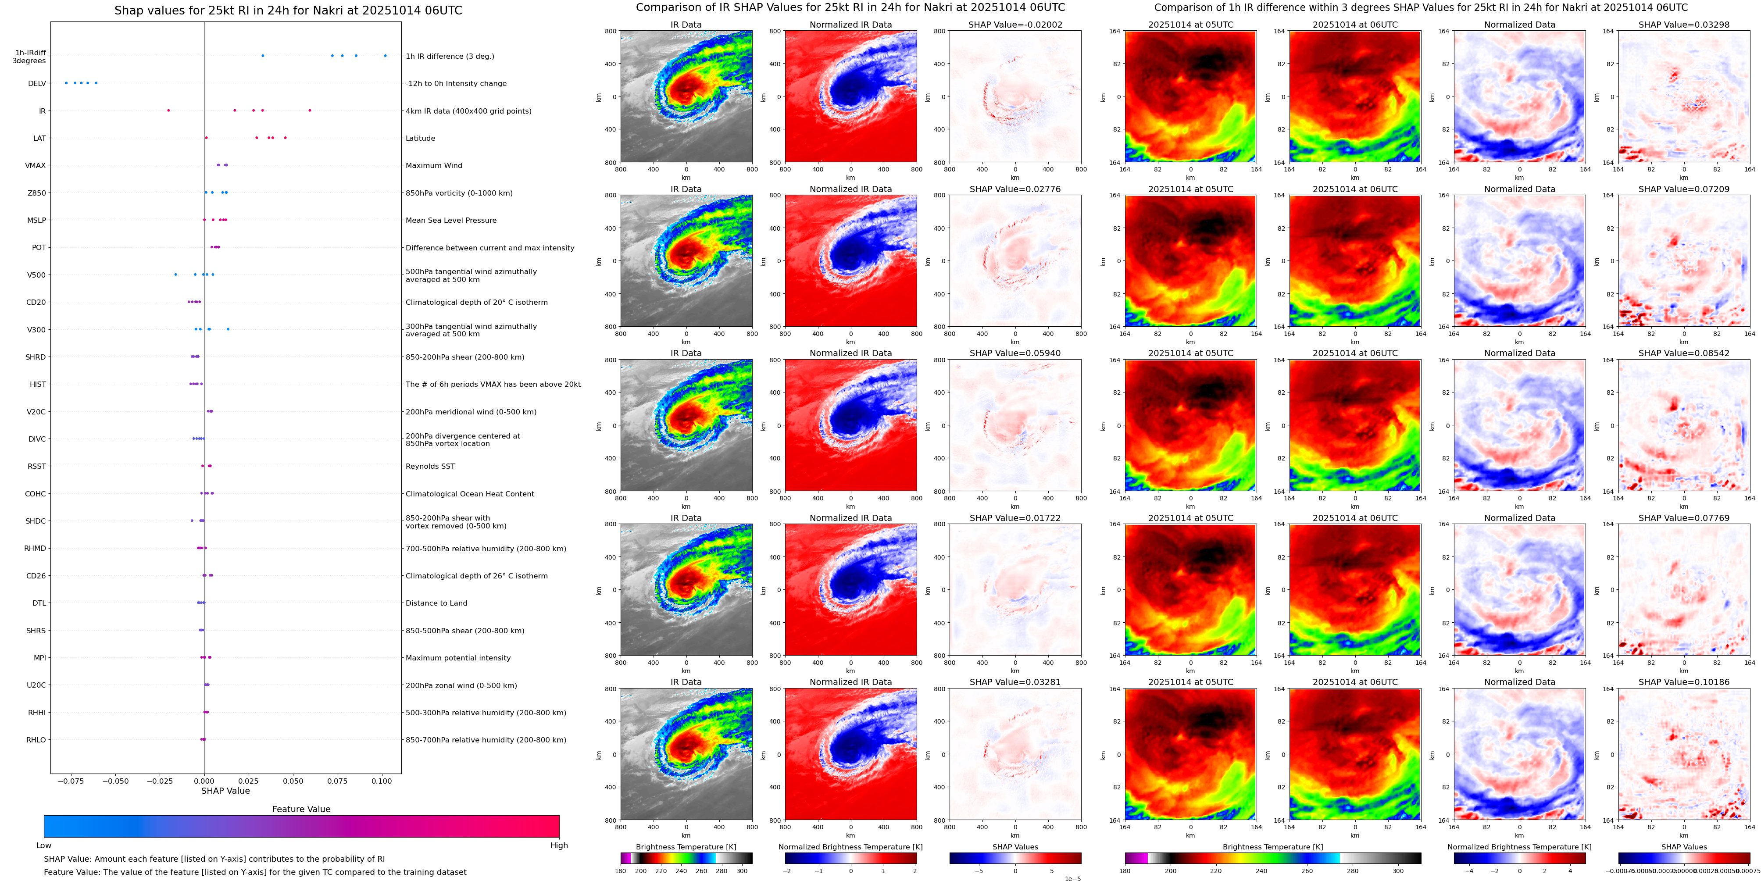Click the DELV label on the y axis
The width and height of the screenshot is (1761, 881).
coord(37,83)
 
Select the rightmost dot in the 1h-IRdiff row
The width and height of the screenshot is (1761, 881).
coord(385,55)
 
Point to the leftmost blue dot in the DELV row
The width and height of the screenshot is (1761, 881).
coord(66,83)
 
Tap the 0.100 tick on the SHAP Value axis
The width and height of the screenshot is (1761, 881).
coord(382,781)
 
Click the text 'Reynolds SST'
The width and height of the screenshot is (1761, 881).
coord(430,466)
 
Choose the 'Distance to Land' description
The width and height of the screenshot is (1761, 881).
coord(436,603)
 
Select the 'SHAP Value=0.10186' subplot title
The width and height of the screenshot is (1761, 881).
coord(1684,682)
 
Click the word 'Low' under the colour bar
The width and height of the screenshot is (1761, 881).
coord(44,845)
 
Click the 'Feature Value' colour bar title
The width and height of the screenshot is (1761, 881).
coord(301,809)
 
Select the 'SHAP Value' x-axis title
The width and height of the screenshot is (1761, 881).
coord(225,791)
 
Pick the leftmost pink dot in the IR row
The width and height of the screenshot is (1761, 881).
coord(168,110)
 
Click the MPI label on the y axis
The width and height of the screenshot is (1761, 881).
coord(39,657)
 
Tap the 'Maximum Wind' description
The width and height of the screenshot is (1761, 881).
coord(433,165)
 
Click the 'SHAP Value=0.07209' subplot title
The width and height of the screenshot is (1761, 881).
coord(1684,189)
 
